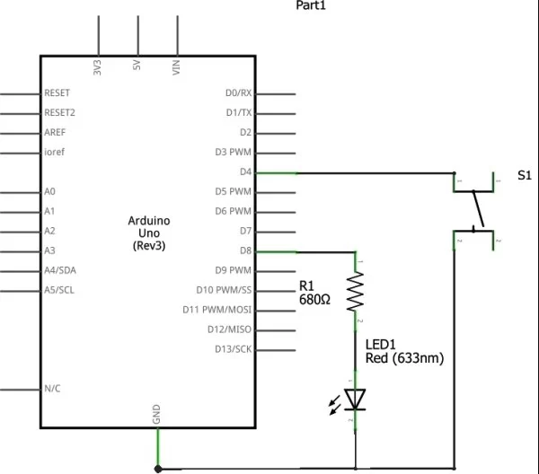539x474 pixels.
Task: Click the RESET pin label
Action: [57, 93]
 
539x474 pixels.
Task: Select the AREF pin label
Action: [55, 133]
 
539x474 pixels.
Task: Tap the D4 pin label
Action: [245, 171]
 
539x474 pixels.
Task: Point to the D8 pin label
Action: [245, 250]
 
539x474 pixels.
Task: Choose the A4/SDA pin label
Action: [60, 270]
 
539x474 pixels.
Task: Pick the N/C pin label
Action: [52, 389]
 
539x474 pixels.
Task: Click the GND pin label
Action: [157, 414]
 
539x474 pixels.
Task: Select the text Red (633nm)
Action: [404, 358]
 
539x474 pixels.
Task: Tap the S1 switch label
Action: [525, 176]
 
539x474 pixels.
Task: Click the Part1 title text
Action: [313, 6]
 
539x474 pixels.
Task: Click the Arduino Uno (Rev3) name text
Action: [149, 232]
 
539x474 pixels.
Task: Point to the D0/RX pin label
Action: [238, 93]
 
